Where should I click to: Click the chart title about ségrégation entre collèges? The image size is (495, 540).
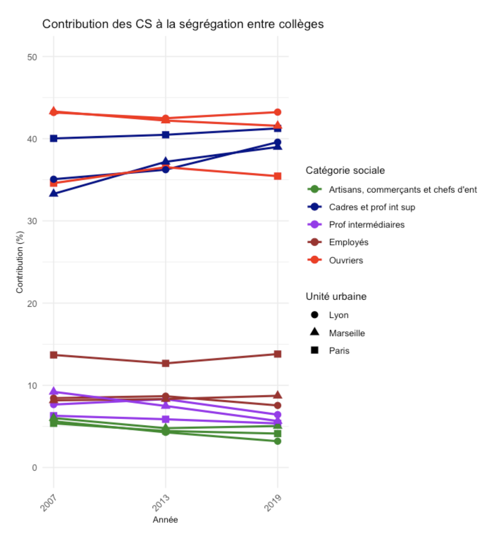(x=183, y=24)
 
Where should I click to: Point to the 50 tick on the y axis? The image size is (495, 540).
(x=32, y=57)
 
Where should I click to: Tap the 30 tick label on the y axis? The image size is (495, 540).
(x=32, y=221)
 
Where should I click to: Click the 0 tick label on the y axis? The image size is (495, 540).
(x=35, y=468)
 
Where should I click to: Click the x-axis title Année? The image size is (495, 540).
(x=165, y=520)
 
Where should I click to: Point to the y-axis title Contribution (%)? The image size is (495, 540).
(x=20, y=262)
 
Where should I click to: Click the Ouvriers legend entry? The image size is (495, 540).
(x=346, y=260)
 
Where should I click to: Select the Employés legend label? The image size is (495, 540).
(x=348, y=242)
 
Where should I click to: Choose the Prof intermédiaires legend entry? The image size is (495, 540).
(x=367, y=225)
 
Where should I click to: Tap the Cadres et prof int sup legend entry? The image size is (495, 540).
(x=372, y=207)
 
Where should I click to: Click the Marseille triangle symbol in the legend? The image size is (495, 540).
(x=315, y=332)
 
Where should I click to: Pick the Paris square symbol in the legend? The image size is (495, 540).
(x=315, y=350)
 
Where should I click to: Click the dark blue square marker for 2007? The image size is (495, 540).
(x=54, y=138)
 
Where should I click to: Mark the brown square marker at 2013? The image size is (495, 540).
(x=165, y=363)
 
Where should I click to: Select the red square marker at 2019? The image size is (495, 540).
(x=278, y=176)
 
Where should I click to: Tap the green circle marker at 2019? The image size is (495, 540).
(x=278, y=441)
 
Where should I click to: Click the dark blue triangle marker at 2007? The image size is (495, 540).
(x=54, y=194)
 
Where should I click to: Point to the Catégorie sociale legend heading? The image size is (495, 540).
(x=345, y=170)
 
